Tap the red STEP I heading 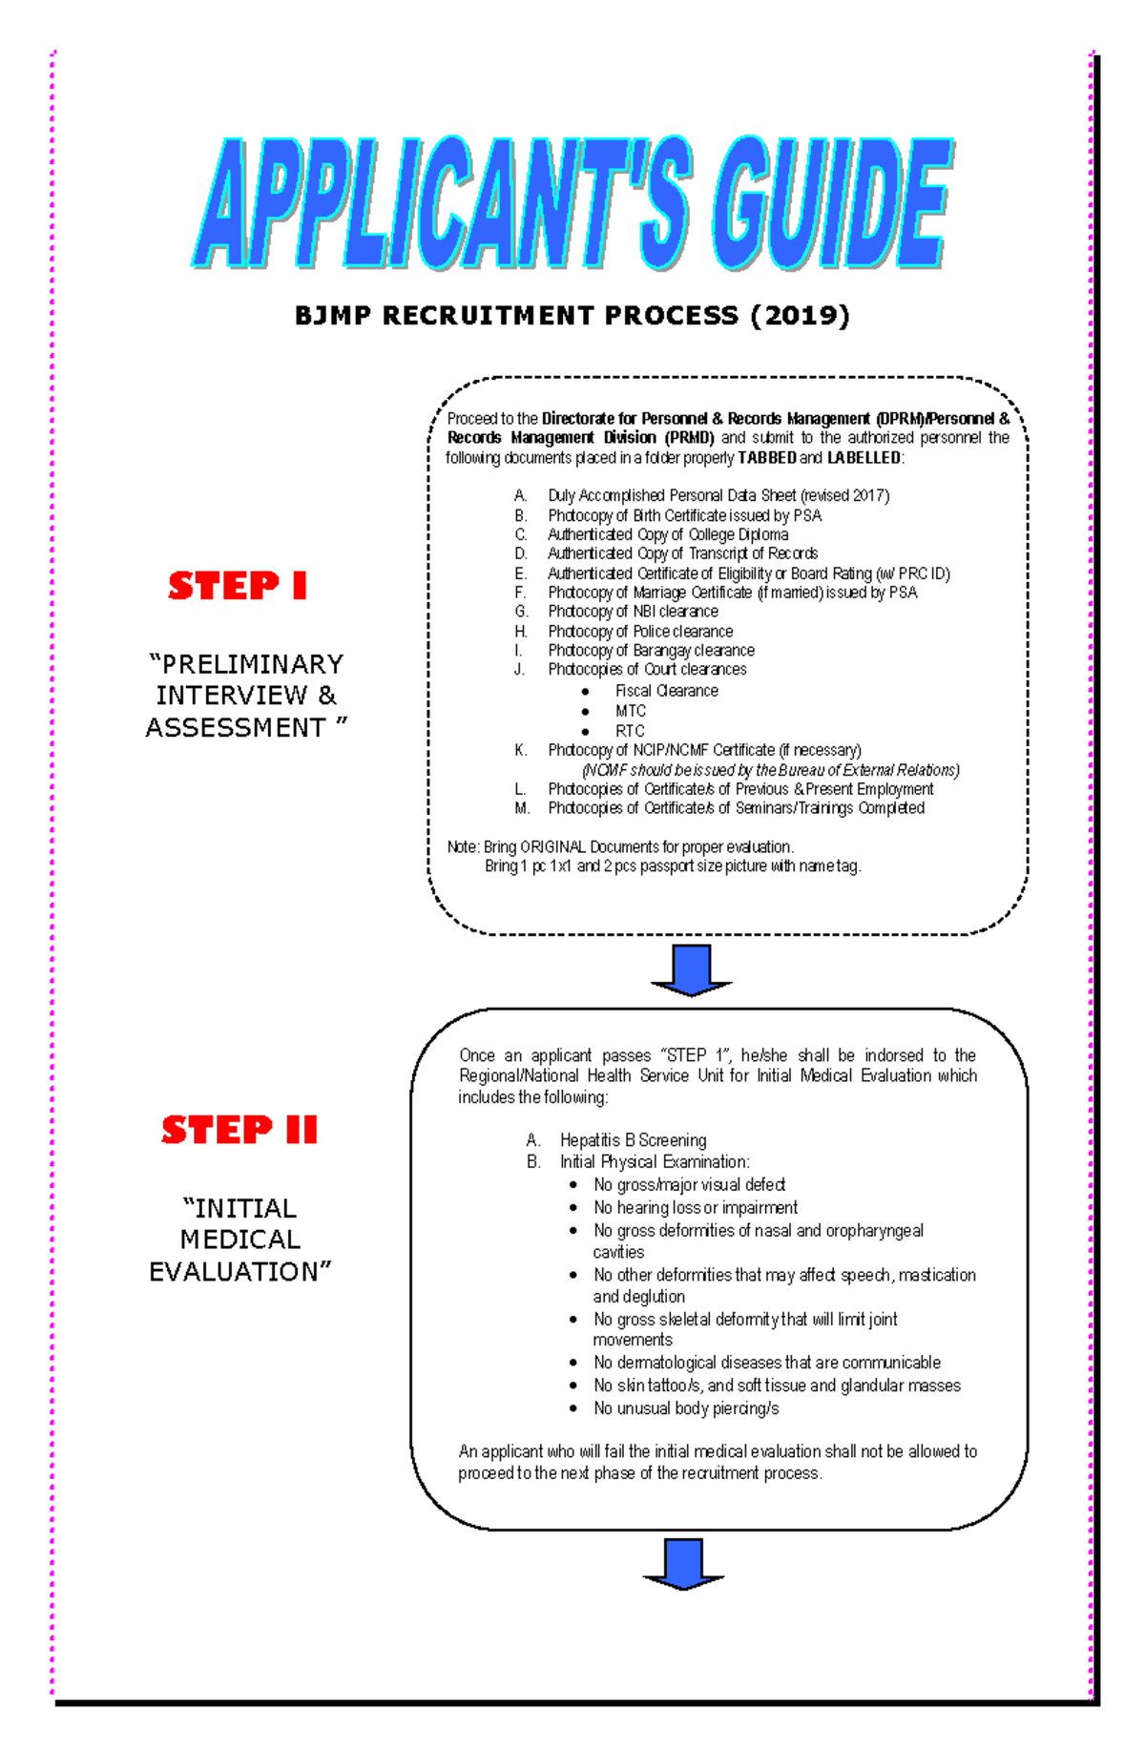(x=238, y=585)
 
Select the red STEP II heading (x=239, y=1130)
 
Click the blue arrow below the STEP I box (x=691, y=969)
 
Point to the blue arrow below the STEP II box (x=684, y=1563)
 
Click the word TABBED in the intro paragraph (x=767, y=458)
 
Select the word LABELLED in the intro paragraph (x=864, y=458)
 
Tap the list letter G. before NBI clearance (x=521, y=612)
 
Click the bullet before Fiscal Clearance (x=586, y=692)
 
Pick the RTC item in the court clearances (x=630, y=731)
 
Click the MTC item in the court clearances (x=631, y=711)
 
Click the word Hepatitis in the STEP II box (x=592, y=1140)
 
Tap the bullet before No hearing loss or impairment (x=572, y=1208)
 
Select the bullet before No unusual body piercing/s (x=572, y=1408)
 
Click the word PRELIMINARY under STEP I (x=246, y=664)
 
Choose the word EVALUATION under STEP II (x=239, y=1272)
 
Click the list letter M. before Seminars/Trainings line (x=522, y=808)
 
